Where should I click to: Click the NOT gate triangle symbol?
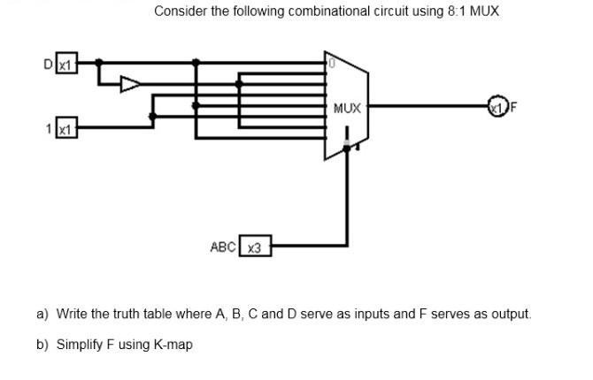129,84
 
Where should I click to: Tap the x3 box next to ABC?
255,247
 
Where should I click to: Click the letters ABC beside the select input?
222,247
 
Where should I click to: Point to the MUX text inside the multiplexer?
348,109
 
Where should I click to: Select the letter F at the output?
512,108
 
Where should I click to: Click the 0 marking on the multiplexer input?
329,65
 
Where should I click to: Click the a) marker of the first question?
42,314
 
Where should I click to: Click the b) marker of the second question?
42,344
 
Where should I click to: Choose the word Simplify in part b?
79,344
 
